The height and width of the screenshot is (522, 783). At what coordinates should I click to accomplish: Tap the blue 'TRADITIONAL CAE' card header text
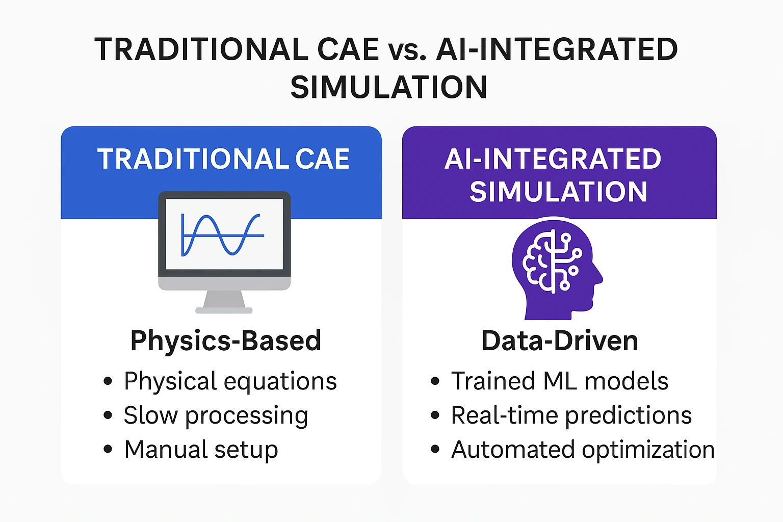223,159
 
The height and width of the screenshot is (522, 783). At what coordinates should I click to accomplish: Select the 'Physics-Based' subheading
226,340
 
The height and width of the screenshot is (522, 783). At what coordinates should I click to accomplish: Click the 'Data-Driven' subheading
560,341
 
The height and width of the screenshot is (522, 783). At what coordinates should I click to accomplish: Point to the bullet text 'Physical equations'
230,382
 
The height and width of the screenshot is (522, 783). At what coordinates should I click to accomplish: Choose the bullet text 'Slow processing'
216,416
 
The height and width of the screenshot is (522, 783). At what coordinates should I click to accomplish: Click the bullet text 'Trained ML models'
560,381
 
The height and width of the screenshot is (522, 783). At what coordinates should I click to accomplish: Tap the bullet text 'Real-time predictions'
571,416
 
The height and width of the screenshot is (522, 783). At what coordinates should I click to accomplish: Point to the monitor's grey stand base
224,310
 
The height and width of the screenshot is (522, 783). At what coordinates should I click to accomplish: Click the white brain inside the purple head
552,261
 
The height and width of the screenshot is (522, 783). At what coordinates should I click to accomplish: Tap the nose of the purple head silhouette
600,277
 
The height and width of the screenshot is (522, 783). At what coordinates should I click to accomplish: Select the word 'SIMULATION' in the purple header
558,192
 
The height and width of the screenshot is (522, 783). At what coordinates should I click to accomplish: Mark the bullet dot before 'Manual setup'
108,449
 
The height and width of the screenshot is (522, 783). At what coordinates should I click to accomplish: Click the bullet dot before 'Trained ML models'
435,381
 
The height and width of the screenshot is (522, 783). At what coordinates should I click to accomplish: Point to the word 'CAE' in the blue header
322,159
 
